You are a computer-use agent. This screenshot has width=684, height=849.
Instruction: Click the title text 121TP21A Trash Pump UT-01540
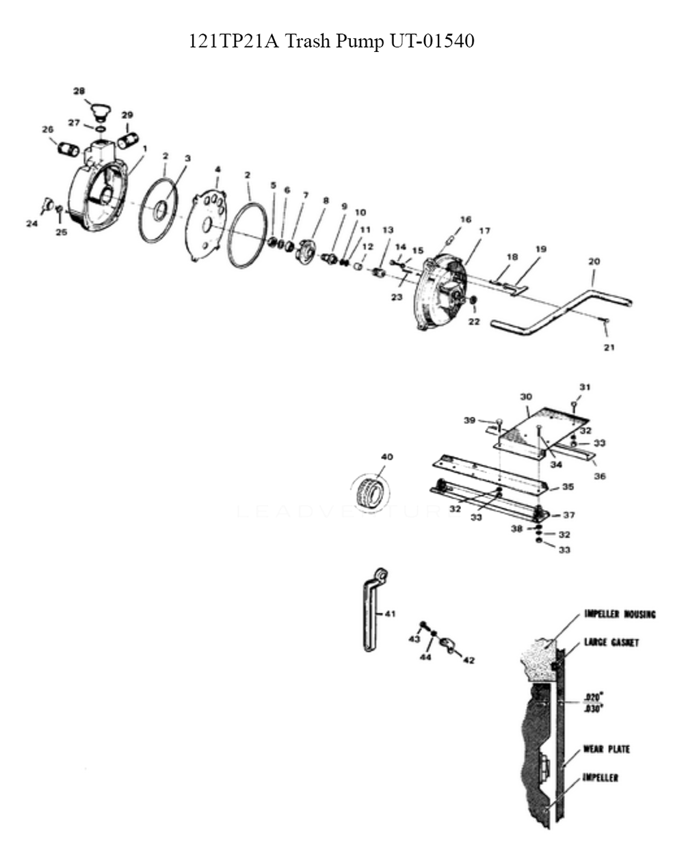(x=331, y=42)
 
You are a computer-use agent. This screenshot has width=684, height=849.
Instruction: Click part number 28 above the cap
(x=79, y=91)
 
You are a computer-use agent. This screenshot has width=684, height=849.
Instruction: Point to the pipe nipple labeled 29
(x=128, y=140)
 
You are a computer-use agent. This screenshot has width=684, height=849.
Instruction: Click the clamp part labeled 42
(x=447, y=645)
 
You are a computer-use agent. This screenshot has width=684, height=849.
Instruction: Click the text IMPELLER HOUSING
(x=620, y=614)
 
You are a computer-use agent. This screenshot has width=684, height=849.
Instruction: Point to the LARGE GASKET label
(x=611, y=643)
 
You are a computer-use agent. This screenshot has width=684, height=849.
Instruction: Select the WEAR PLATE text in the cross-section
(x=606, y=749)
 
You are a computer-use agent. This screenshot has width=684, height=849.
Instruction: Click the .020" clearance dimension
(x=592, y=698)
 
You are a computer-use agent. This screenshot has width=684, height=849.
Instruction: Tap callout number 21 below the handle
(x=609, y=347)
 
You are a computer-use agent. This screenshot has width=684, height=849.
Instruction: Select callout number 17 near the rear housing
(x=484, y=231)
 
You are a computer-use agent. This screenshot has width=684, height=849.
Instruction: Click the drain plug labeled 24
(x=48, y=203)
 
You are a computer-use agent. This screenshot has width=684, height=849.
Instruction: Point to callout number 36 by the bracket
(x=599, y=476)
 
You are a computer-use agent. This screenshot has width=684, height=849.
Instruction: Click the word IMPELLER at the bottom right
(x=600, y=778)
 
